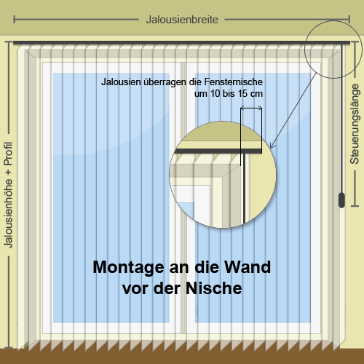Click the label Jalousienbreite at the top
click(182, 20)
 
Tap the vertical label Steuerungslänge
click(355, 124)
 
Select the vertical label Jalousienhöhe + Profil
click(8, 195)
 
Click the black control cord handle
click(341, 200)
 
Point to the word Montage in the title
click(129, 268)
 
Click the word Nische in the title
click(214, 288)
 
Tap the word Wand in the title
click(248, 267)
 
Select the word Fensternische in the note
click(233, 82)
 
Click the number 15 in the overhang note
click(242, 94)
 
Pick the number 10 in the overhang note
click(215, 94)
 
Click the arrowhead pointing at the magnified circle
click(272, 146)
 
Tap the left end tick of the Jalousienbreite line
click(14, 20)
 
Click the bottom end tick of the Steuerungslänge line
click(355, 206)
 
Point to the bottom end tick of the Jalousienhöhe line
click(9, 348)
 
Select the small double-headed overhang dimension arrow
click(251, 107)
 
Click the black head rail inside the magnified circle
click(218, 151)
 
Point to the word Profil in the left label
click(8, 154)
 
